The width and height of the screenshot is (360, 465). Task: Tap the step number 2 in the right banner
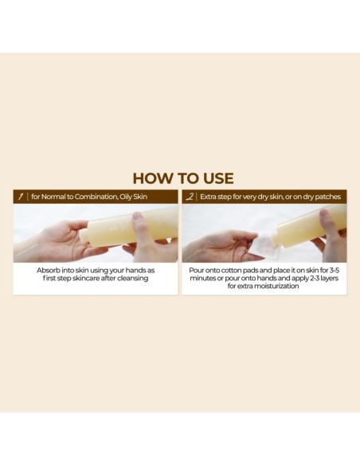click(x=189, y=197)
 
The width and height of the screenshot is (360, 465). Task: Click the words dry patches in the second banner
click(x=322, y=197)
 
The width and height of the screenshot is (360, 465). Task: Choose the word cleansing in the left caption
click(x=131, y=279)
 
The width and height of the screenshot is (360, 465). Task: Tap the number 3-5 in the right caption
click(x=335, y=271)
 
